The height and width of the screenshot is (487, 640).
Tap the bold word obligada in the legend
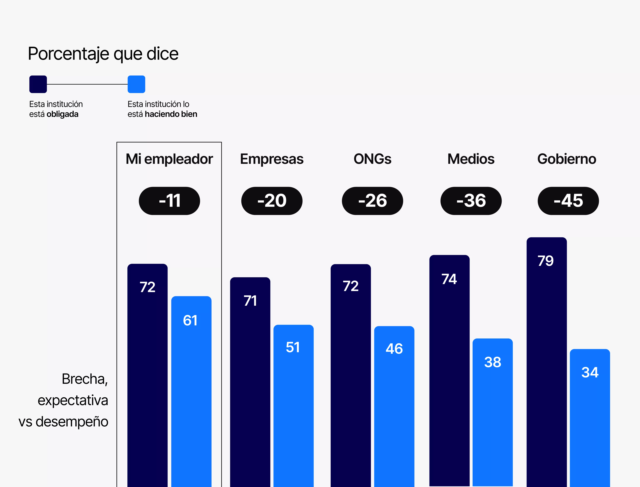pyautogui.click(x=62, y=114)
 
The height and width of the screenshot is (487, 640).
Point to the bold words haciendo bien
pyautogui.click(x=171, y=114)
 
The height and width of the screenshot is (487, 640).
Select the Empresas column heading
pyautogui.click(x=272, y=159)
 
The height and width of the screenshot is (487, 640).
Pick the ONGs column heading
pyautogui.click(x=372, y=159)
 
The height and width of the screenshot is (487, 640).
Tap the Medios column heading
pyautogui.click(x=471, y=159)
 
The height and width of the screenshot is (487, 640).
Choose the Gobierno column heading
pyautogui.click(x=567, y=159)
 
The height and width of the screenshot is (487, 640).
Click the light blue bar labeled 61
pyautogui.click(x=191, y=391)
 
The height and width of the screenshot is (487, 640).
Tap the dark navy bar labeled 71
pyautogui.click(x=250, y=383)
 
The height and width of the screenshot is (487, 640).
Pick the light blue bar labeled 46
pyautogui.click(x=394, y=406)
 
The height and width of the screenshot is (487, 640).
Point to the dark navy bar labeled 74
pyautogui.click(x=449, y=371)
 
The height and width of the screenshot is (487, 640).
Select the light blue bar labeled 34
pyautogui.click(x=590, y=417)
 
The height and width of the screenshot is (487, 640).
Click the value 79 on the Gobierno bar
pyautogui.click(x=545, y=261)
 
